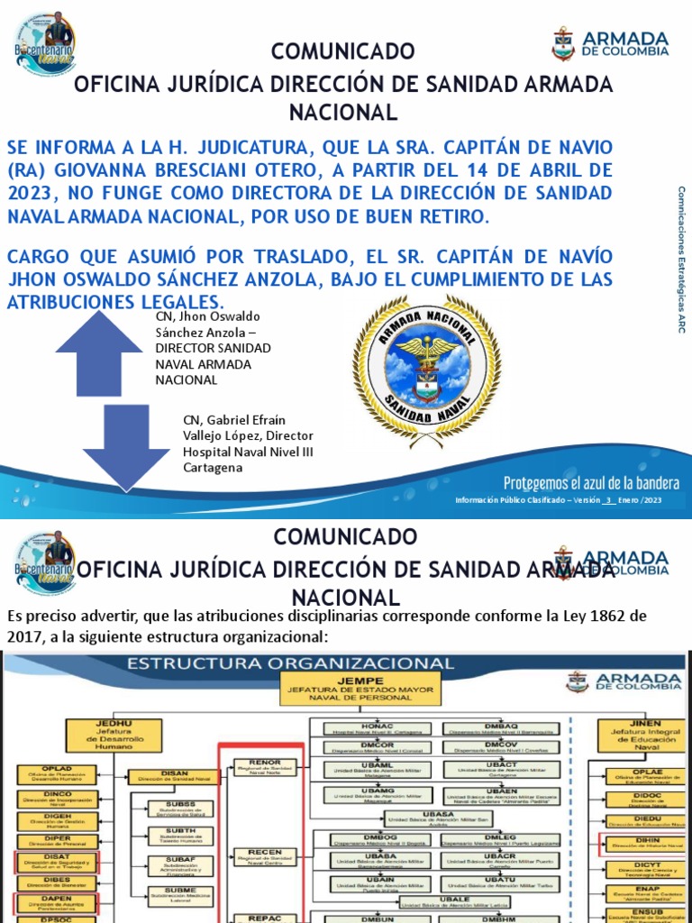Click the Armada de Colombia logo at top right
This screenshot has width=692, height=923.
pos(610,43)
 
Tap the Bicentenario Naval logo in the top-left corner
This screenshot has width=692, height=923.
pos(44,43)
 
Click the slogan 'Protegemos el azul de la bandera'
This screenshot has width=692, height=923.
pos(591,481)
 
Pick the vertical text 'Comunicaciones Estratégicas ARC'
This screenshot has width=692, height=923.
pos(682,260)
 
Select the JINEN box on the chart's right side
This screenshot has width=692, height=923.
pos(632,735)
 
